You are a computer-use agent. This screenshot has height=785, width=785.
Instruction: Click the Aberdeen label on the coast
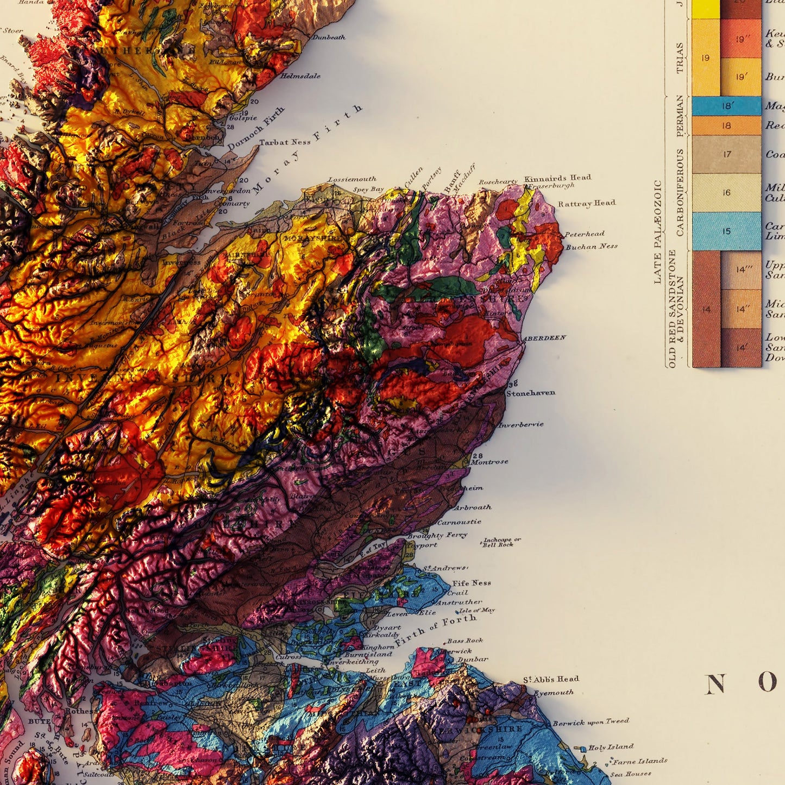click(x=544, y=338)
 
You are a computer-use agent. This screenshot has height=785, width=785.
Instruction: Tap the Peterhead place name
click(x=585, y=234)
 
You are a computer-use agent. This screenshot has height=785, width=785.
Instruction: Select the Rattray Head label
click(x=587, y=203)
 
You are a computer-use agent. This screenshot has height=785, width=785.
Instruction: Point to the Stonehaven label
click(x=531, y=392)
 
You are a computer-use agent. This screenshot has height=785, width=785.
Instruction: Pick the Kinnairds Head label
click(x=557, y=178)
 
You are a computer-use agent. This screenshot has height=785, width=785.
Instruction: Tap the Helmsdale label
click(x=300, y=76)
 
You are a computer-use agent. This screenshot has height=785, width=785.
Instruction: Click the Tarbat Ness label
click(x=285, y=142)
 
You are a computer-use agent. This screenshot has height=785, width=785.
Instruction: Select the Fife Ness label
click(x=472, y=583)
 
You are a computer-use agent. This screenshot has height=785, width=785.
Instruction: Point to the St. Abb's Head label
click(x=551, y=679)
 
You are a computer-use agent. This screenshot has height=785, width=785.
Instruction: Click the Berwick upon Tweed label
click(x=591, y=722)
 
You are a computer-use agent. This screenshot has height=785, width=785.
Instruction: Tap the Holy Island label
click(x=611, y=747)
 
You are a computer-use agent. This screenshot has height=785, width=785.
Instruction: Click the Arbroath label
click(x=472, y=507)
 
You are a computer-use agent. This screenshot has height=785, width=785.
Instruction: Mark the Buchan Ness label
click(x=592, y=247)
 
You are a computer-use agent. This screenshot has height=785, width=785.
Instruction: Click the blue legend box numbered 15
click(x=726, y=231)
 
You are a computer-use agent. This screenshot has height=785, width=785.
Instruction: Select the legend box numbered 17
click(x=726, y=154)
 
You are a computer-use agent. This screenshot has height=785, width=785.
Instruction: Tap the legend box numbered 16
click(x=726, y=192)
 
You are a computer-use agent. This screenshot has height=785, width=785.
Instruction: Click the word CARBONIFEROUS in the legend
click(x=680, y=192)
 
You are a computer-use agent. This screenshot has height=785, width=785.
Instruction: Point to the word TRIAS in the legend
click(x=680, y=58)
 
